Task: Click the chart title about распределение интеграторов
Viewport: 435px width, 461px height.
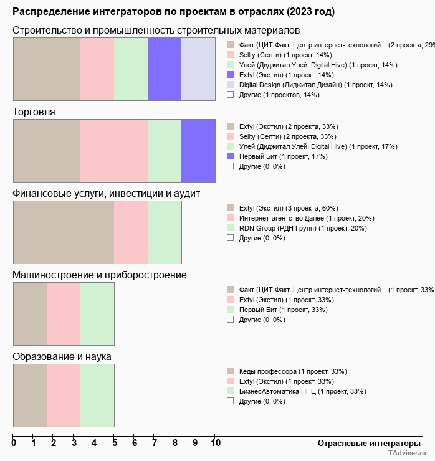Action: [173, 12]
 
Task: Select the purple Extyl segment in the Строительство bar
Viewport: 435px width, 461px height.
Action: [165, 69]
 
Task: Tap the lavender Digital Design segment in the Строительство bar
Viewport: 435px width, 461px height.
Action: [198, 69]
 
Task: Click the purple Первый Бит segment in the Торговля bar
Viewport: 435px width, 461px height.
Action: [198, 150]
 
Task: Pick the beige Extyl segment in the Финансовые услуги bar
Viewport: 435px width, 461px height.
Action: [64, 232]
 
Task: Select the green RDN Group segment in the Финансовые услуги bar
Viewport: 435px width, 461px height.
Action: [165, 232]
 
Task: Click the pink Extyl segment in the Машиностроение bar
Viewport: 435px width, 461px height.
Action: [64, 313]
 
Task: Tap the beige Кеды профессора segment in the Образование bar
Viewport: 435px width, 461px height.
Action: [30, 395]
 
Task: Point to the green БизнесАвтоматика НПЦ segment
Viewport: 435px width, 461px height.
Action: [97, 395]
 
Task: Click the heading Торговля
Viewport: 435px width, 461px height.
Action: [34, 112]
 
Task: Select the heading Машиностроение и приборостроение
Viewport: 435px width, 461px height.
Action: [100, 275]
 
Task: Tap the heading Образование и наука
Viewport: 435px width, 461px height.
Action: [62, 357]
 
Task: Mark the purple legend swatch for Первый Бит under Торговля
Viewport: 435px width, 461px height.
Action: [230, 156]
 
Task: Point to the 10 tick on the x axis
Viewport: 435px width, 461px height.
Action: [215, 443]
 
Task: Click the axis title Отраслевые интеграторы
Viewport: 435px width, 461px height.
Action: [365, 443]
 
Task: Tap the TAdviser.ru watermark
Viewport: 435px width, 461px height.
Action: [408, 454]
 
